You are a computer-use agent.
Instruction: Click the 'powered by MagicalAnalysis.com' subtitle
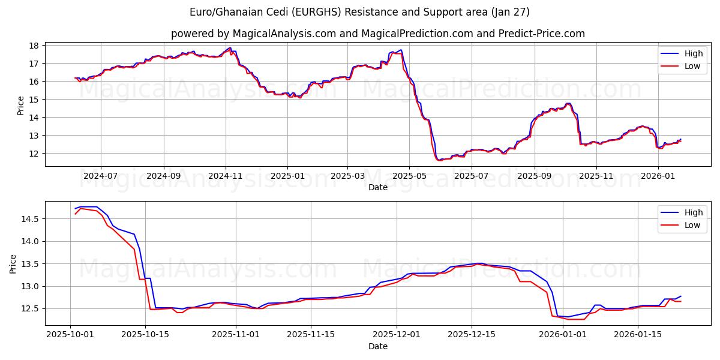pos(377,34)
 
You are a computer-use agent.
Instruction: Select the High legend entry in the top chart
pos(684,53)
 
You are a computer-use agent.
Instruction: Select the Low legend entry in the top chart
pos(684,66)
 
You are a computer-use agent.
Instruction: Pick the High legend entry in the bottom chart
pos(684,212)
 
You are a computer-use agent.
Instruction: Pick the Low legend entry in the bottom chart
pos(684,225)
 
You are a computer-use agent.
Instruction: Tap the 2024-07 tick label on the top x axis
pos(100,176)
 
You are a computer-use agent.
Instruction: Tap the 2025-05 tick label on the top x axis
pos(409,176)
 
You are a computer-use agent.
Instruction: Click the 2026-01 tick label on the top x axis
pos(658,176)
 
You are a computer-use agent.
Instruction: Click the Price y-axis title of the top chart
pos(21,106)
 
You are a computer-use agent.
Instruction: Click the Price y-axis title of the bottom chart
pos(13,264)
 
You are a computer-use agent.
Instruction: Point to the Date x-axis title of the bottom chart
pos(377,346)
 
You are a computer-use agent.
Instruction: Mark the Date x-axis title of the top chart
pos(377,187)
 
